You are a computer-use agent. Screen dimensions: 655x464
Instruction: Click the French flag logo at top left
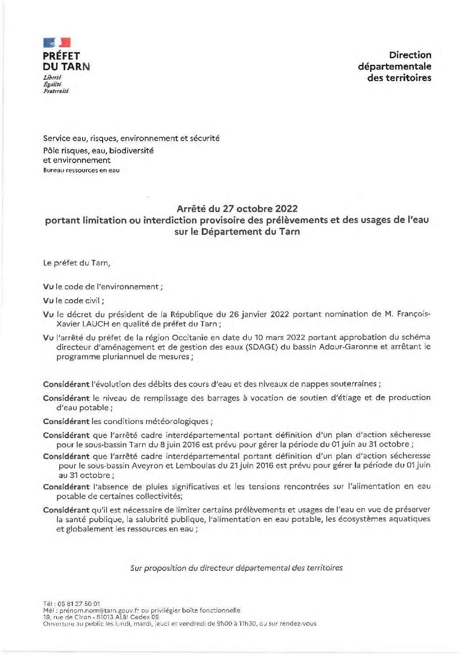57,42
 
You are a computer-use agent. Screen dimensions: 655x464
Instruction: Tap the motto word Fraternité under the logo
56,91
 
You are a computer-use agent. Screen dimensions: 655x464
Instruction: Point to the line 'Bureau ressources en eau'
81,170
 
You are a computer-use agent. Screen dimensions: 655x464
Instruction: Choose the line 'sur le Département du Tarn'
237,232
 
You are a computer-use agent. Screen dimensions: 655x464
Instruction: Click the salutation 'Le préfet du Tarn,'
77,263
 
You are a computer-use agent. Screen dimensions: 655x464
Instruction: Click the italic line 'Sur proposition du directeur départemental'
236,568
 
